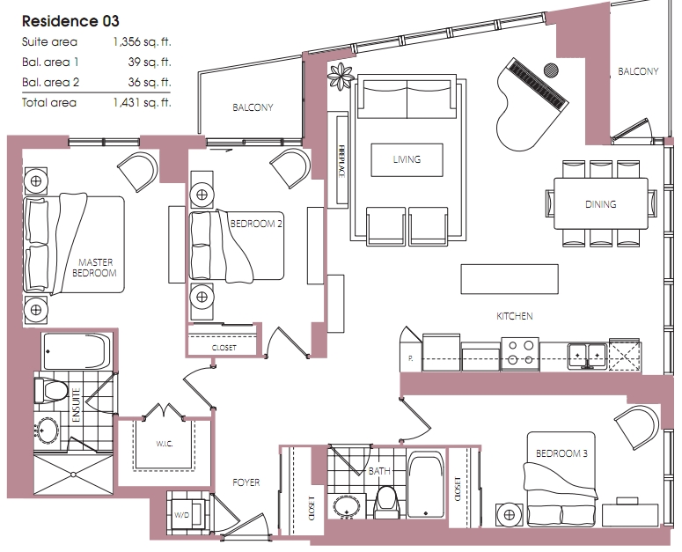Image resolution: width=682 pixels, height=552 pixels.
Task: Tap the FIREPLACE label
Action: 341,161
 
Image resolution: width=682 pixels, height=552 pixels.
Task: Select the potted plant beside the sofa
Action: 341,76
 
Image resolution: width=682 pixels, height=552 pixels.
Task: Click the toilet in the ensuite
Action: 50,390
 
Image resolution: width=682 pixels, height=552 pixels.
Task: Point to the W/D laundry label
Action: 182,515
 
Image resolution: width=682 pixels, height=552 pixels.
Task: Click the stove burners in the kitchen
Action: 521,353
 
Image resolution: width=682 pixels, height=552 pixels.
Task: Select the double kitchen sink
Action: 587,356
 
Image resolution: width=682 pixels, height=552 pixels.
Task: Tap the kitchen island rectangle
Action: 510,279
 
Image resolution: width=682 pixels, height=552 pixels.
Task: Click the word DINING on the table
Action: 601,204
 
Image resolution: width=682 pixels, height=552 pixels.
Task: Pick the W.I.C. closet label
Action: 165,444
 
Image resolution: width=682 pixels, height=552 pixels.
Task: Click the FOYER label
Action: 246,482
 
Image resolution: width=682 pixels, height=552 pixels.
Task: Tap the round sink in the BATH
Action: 347,506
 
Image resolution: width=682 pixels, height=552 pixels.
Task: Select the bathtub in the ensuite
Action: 77,351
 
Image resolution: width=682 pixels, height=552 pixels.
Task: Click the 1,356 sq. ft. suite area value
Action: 143,41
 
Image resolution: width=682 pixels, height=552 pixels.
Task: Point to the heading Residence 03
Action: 70,21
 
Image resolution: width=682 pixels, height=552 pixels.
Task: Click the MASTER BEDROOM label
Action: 95,268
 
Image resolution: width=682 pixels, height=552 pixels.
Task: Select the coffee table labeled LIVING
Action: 407,159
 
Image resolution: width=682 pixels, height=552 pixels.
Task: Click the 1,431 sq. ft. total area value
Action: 143,103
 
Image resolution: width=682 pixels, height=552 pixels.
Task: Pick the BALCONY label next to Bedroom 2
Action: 253,107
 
